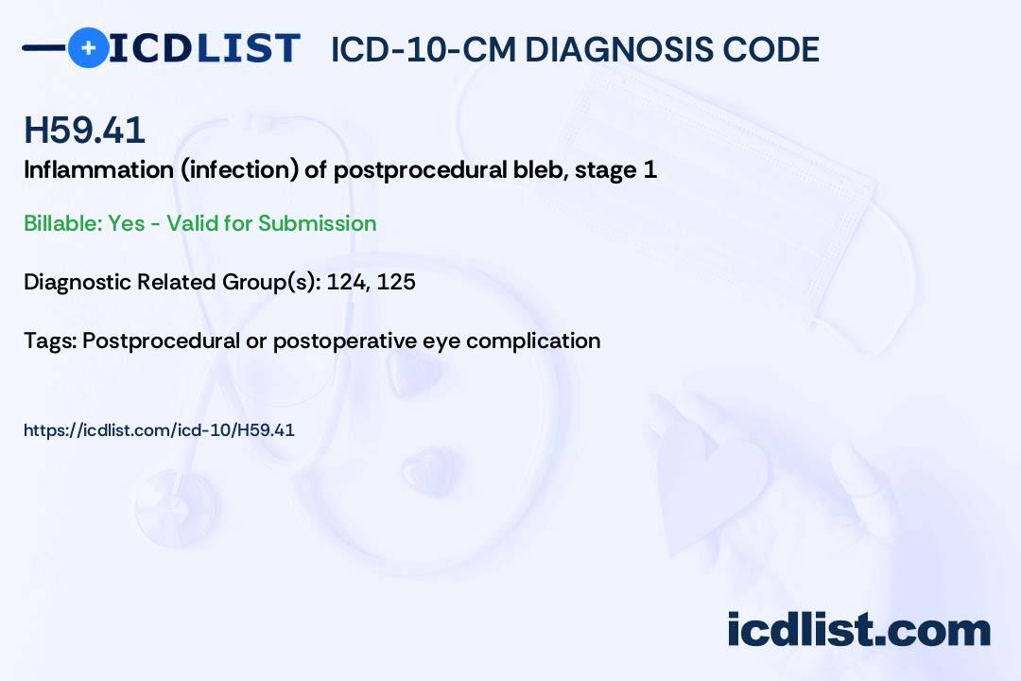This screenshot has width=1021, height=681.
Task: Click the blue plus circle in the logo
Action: [88, 48]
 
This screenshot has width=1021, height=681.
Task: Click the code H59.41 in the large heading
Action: [84, 131]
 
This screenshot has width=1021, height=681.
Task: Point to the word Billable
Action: [61, 223]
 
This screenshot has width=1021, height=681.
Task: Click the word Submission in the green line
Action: [317, 223]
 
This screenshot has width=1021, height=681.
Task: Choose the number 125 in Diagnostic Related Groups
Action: [396, 282]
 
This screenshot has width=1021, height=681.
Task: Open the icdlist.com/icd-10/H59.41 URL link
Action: [159, 430]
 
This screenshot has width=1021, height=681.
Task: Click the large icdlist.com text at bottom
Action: [858, 629]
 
